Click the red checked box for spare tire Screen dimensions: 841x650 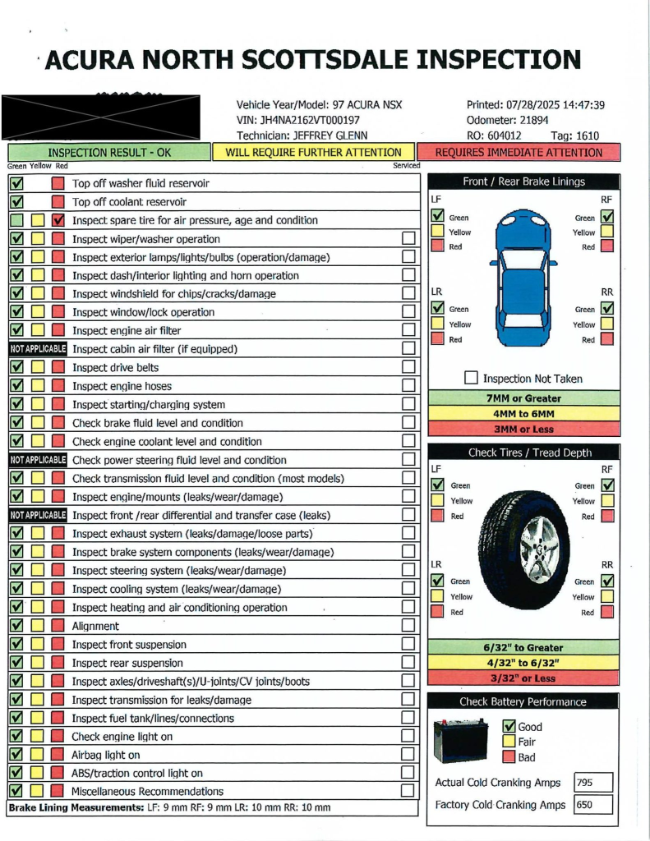[x=58, y=220]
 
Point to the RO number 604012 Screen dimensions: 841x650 [x=503, y=136]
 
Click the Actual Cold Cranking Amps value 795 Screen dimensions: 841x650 [x=592, y=783]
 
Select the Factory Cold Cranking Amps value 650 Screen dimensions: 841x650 [x=592, y=805]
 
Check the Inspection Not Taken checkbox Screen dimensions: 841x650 [x=471, y=379]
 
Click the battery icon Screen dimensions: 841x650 [x=459, y=741]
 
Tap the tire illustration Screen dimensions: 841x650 [x=524, y=549]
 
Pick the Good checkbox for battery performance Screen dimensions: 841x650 [x=509, y=727]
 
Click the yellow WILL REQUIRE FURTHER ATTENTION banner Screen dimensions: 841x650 [x=314, y=152]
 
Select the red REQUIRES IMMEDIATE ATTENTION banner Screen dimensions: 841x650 [x=519, y=152]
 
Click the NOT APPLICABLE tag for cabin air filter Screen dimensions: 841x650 [x=37, y=349]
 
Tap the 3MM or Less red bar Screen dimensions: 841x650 [x=523, y=429]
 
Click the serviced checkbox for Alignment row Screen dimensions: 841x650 [x=408, y=626]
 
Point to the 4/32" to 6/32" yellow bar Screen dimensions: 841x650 [x=523, y=663]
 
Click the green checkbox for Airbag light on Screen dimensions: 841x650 [x=16, y=755]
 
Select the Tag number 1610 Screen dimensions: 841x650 [x=587, y=136]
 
